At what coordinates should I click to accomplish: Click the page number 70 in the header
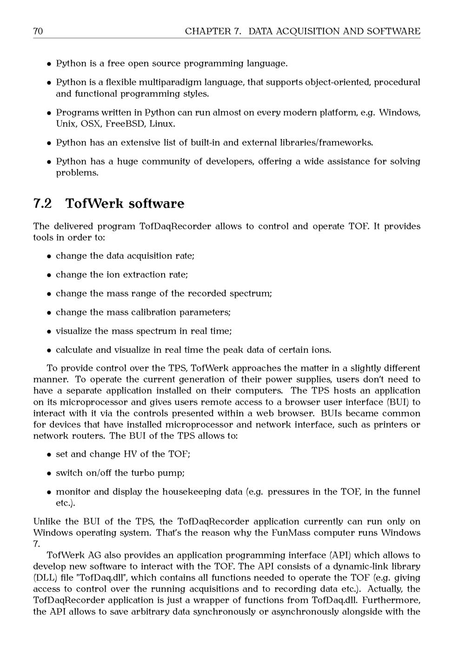click(38, 31)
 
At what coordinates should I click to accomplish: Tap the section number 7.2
click(43, 204)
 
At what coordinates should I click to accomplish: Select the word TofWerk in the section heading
click(94, 204)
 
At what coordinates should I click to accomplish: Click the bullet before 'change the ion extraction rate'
click(49, 275)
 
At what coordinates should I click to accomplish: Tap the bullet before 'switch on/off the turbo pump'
click(49, 473)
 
